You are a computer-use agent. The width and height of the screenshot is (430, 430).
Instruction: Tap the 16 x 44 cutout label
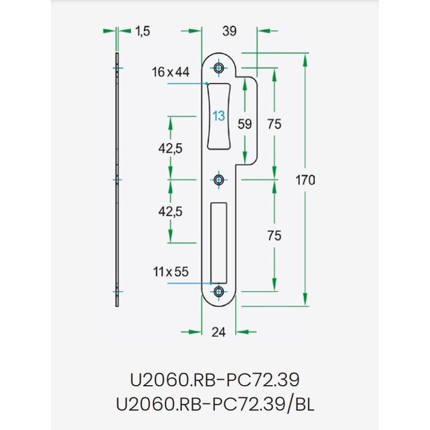pos(170,72)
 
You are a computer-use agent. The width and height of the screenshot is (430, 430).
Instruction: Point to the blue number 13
pos(219,116)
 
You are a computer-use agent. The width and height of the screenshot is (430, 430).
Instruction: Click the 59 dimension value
pos(244,123)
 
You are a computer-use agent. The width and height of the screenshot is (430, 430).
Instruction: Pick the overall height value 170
pos(305,180)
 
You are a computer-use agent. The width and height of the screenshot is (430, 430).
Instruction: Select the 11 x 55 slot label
pos(170,272)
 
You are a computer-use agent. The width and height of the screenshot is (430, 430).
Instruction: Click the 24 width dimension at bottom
pos(219,332)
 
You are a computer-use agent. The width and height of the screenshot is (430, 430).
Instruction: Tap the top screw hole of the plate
pos(219,68)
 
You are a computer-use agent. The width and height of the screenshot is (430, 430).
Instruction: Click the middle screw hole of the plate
pos(219,180)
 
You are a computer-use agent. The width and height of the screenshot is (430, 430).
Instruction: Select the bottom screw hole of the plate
pos(219,292)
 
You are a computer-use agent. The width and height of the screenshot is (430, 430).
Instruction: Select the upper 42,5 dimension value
pos(171,148)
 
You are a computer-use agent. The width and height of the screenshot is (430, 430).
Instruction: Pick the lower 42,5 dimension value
pos(171,211)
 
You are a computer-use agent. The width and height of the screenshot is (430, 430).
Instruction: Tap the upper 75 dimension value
pos(275,123)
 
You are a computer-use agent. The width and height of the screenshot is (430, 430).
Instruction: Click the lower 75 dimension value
pos(275,236)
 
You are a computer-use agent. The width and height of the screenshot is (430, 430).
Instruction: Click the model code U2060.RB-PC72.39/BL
pos(215,405)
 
